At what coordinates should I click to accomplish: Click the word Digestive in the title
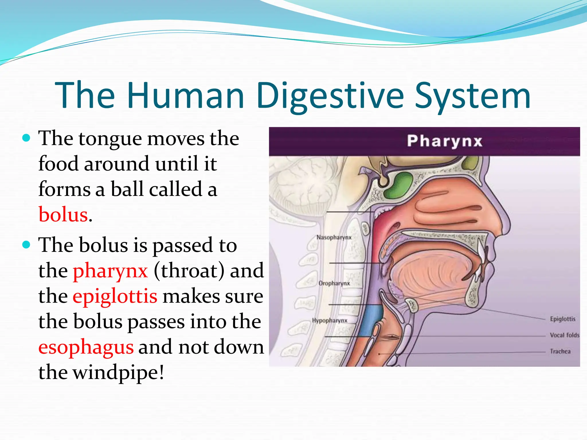point(330,96)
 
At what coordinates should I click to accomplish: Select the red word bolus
point(63,215)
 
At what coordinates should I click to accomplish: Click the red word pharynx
point(110,271)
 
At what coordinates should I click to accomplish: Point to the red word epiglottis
point(115,296)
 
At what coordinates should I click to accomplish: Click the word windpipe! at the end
point(118,372)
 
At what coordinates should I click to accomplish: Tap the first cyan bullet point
point(26,138)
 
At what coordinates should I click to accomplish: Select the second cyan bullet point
point(26,245)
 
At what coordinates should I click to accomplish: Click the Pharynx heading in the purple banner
point(445,141)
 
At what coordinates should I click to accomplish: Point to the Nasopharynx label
point(334,237)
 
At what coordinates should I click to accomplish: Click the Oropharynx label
point(334,283)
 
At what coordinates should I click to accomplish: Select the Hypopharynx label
point(330,321)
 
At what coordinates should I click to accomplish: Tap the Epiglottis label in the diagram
point(562,319)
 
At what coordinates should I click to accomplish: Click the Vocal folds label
point(564,335)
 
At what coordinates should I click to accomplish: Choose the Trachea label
point(560,351)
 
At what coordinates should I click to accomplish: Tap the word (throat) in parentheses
point(189,271)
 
